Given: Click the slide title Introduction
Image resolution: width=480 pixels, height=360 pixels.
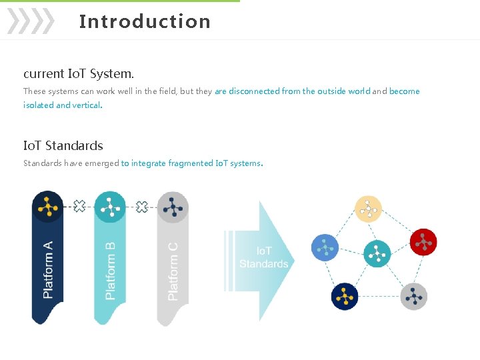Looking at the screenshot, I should click(145, 21).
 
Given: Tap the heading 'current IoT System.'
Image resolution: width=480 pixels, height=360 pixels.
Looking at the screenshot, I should click(79, 73).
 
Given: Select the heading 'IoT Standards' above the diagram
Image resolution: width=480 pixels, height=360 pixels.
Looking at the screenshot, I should click(63, 145).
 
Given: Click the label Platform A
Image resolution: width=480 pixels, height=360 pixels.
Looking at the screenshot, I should click(48, 270).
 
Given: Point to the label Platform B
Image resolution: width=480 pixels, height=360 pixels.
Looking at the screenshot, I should click(111, 270).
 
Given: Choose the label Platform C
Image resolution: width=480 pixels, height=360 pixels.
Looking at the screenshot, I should click(173, 270).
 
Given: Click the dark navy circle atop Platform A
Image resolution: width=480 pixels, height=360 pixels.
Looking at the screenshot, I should click(47, 207).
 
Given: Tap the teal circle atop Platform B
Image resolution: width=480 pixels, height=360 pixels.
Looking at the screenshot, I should click(110, 207).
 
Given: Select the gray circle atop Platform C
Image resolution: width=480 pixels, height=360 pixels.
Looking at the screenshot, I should click(173, 207).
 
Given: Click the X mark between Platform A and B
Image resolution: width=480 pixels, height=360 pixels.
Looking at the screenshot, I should click(79, 207).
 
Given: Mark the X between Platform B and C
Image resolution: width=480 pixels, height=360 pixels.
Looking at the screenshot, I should click(141, 207).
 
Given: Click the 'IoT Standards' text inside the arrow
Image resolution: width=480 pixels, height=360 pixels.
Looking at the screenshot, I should click(264, 257).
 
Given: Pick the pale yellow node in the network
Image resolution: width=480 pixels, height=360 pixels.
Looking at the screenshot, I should click(369, 209).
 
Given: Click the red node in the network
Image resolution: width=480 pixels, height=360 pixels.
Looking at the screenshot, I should click(423, 242).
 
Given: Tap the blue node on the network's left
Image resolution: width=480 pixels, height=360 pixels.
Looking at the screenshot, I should click(325, 248).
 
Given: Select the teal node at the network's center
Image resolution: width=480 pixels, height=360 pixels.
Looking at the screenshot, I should click(377, 253).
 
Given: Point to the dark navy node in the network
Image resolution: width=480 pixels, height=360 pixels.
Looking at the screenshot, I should click(345, 296).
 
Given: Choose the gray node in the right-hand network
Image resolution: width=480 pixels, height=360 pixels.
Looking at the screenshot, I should click(414, 296).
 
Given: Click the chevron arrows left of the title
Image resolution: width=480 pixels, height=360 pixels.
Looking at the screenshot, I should click(30, 21).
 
